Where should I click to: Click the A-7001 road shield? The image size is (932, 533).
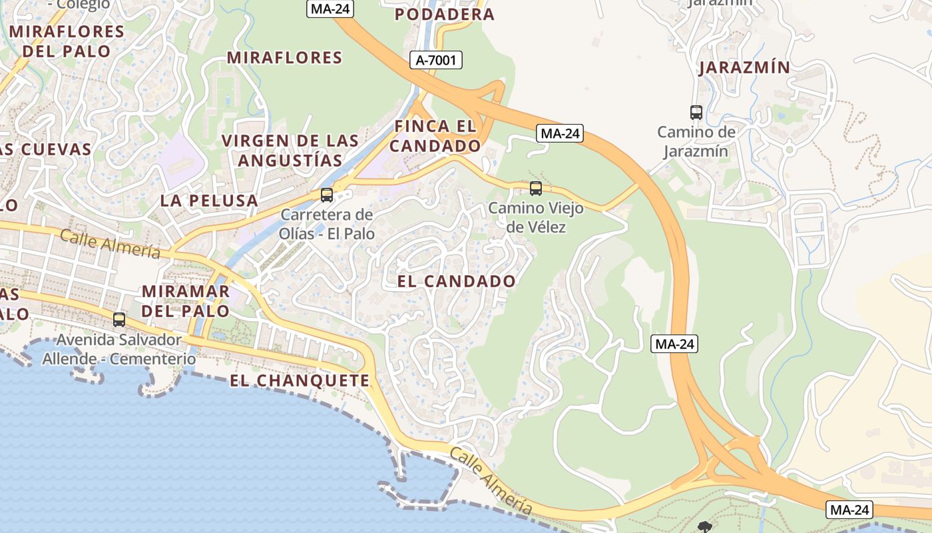click(x=437, y=61)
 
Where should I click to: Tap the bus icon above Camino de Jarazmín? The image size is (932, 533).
click(x=696, y=113)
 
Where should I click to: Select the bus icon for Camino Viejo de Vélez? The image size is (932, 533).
click(x=536, y=189)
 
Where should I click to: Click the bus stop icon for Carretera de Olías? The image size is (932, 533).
click(x=327, y=195)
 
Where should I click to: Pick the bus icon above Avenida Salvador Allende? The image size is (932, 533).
click(x=119, y=320)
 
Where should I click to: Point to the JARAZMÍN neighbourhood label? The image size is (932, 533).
click(x=744, y=67)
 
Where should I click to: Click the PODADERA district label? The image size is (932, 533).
click(x=445, y=14)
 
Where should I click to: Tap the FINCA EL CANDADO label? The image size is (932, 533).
click(x=435, y=136)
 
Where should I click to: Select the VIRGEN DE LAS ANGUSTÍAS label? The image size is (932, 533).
click(x=290, y=151)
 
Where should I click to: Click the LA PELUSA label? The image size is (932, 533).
click(x=209, y=201)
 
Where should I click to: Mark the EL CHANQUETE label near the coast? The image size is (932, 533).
click(x=300, y=380)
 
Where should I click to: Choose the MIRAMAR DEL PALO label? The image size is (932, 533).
click(x=186, y=301)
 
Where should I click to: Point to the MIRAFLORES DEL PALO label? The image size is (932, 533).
click(x=67, y=41)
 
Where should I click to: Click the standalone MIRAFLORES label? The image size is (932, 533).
click(x=285, y=57)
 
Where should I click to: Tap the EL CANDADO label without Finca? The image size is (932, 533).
click(x=456, y=281)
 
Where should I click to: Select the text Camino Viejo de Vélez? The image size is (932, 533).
click(x=536, y=218)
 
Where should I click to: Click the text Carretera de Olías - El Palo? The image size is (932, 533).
click(x=327, y=225)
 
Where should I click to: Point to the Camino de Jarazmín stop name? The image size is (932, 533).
click(x=696, y=142)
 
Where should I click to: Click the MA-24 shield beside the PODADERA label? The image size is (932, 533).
click(x=330, y=9)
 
